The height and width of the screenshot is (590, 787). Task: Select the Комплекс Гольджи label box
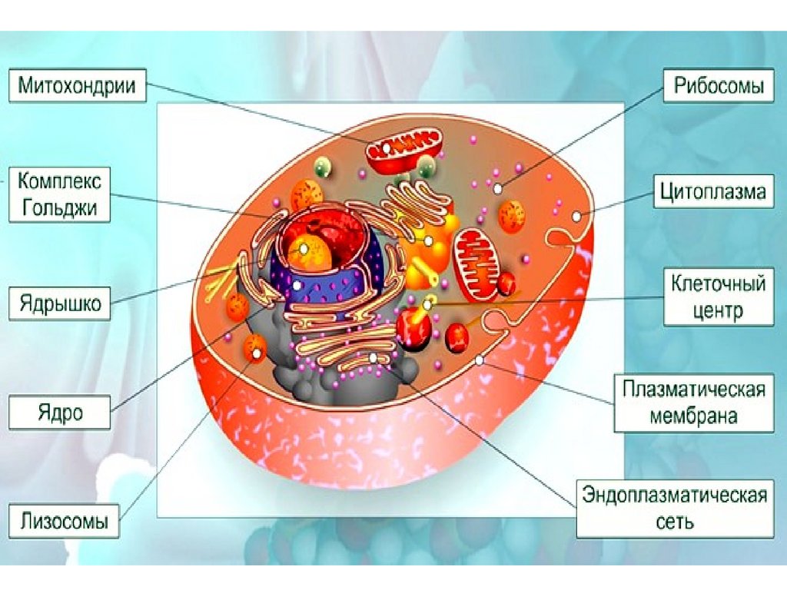[59, 195]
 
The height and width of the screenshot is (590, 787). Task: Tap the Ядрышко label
[60, 303]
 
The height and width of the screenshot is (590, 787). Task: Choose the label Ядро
[60, 413]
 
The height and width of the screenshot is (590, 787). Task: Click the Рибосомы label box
[719, 85]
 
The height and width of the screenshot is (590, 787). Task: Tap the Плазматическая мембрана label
[694, 403]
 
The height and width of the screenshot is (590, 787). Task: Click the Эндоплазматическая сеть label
[676, 507]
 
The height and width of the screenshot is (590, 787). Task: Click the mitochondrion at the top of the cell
[405, 150]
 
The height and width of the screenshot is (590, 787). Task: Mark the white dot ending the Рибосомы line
[499, 188]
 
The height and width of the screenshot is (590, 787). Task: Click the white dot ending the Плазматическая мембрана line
[480, 360]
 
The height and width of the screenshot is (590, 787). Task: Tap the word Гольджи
[59, 207]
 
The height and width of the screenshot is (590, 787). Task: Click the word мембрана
[694, 416]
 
